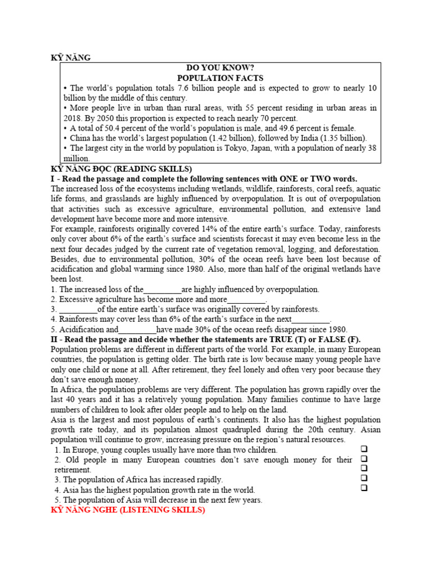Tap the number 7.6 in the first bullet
click(x=184, y=88)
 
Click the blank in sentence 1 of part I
click(x=163, y=290)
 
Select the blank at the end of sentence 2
click(x=246, y=300)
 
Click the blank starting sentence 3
click(x=78, y=309)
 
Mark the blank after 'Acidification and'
click(x=137, y=330)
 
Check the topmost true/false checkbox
click(x=364, y=449)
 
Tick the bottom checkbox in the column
click(x=364, y=488)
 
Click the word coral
click(x=313, y=189)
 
